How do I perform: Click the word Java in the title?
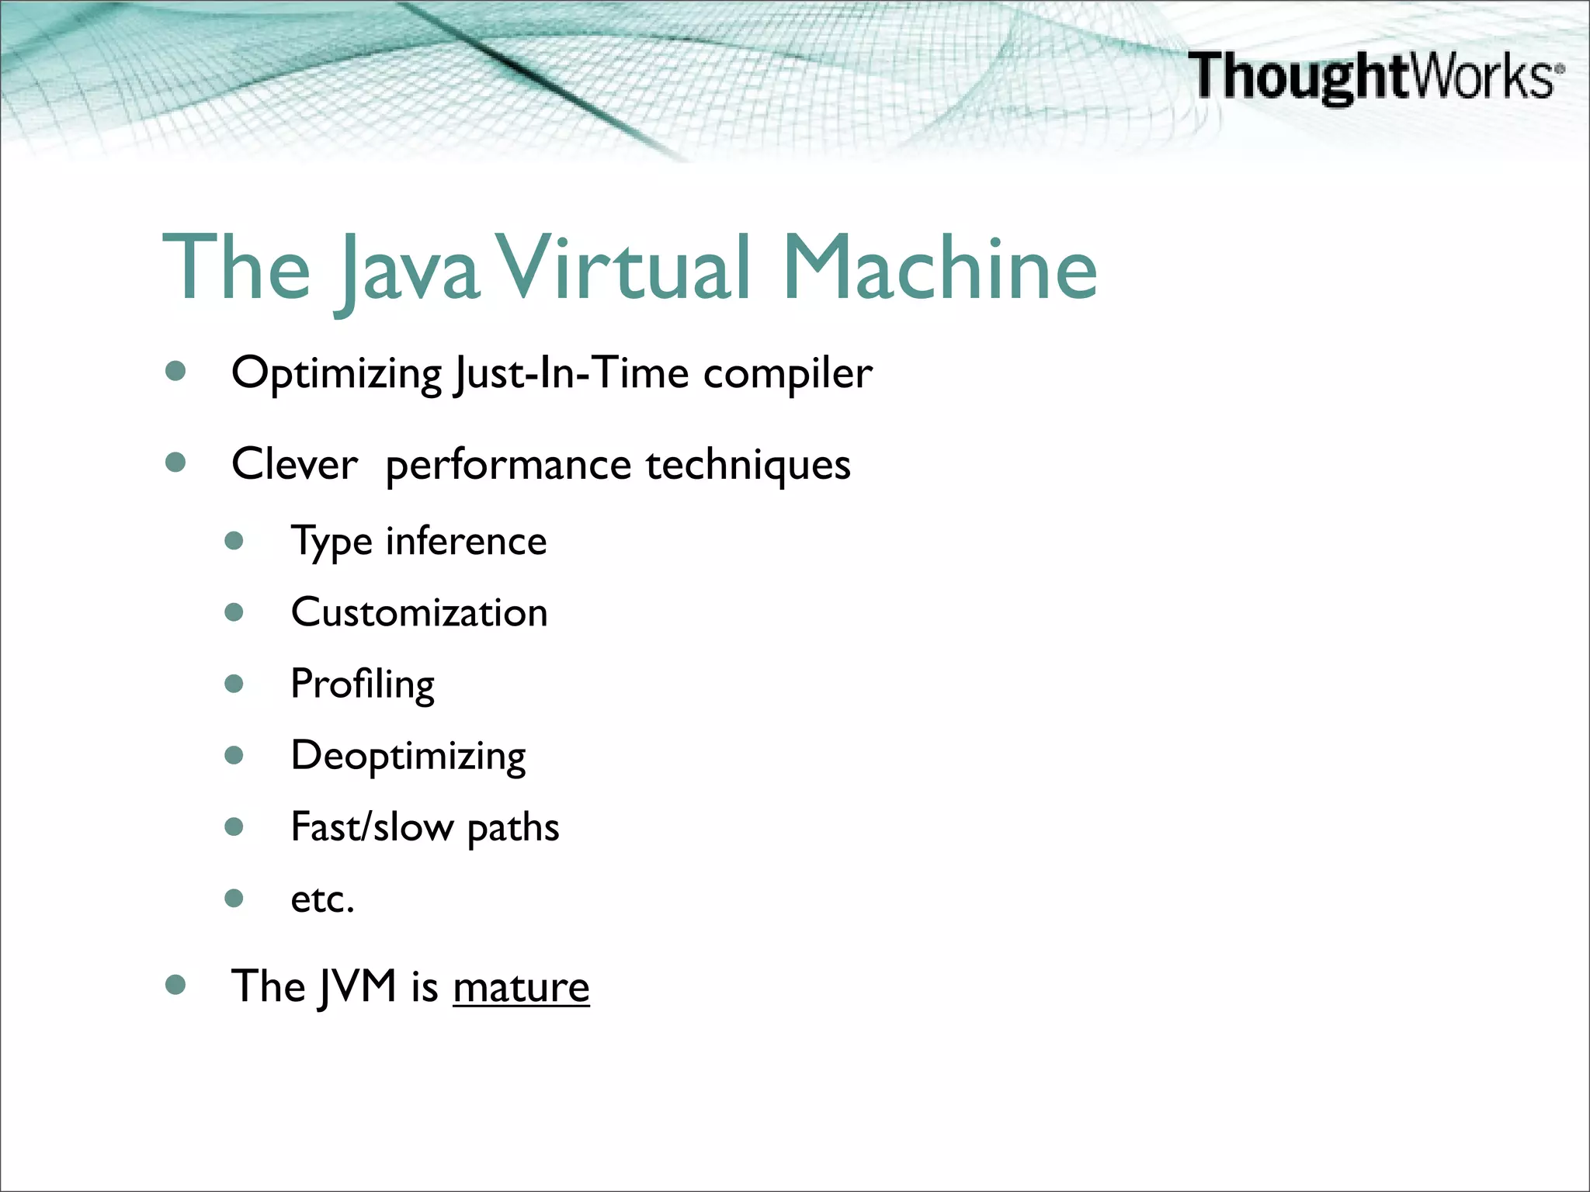tap(407, 270)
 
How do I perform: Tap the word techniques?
tap(748, 464)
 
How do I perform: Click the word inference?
tap(466, 541)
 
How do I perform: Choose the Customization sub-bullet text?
tap(419, 612)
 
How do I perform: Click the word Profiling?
tap(363, 684)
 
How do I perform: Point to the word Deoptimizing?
tap(408, 756)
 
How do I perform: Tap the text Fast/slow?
tap(372, 826)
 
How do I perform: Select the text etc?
tap(322, 899)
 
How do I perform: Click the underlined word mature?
tap(521, 987)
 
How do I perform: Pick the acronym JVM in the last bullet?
tap(357, 987)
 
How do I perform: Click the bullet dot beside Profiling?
tap(234, 684)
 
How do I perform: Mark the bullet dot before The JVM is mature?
tap(176, 985)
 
